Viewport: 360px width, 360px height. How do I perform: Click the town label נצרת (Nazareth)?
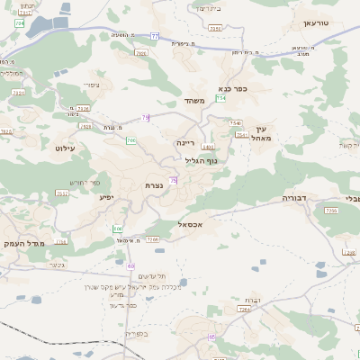[154, 185]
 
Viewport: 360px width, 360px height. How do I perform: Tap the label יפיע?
[106, 195]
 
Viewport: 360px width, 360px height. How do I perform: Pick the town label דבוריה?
[295, 196]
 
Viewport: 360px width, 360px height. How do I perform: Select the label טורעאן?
[317, 22]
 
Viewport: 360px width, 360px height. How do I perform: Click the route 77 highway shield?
[154, 36]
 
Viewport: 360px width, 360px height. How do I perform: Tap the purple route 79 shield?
[145, 117]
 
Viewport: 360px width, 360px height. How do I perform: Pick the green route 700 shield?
[131, 140]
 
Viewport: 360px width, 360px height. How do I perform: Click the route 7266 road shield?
[153, 239]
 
